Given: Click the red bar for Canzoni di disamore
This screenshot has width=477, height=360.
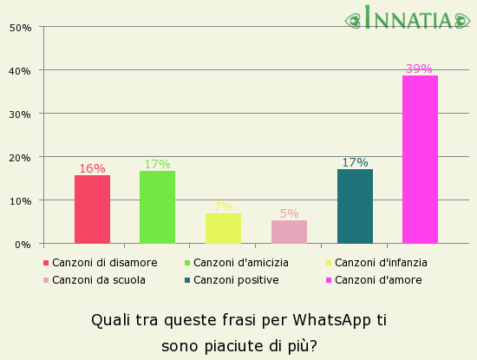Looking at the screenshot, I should click(92, 209).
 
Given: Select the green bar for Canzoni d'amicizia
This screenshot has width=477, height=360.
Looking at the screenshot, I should click(157, 207).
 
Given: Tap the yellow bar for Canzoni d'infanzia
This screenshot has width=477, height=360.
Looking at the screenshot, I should click(223, 228).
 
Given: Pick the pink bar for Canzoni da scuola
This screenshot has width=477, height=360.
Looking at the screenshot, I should click(289, 232).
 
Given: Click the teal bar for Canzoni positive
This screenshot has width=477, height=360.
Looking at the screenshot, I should click(355, 206).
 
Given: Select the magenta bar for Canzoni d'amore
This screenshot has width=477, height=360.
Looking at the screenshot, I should click(420, 160).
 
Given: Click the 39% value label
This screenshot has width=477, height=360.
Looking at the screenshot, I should click(419, 69).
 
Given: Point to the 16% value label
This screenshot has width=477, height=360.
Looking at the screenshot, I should click(92, 168).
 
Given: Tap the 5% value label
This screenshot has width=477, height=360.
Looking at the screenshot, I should click(289, 213).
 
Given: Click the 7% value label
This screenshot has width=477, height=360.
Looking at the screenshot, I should click(223, 206).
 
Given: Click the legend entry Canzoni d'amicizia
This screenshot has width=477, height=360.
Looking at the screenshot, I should click(241, 262).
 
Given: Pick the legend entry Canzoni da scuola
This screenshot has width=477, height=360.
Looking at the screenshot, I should click(98, 279).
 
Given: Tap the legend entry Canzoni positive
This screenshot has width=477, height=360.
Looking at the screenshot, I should click(236, 279).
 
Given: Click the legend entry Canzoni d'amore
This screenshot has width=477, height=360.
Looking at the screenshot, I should click(378, 279).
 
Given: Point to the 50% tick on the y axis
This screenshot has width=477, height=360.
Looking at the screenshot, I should click(20, 27).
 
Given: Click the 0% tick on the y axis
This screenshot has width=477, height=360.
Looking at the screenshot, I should click(23, 244).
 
